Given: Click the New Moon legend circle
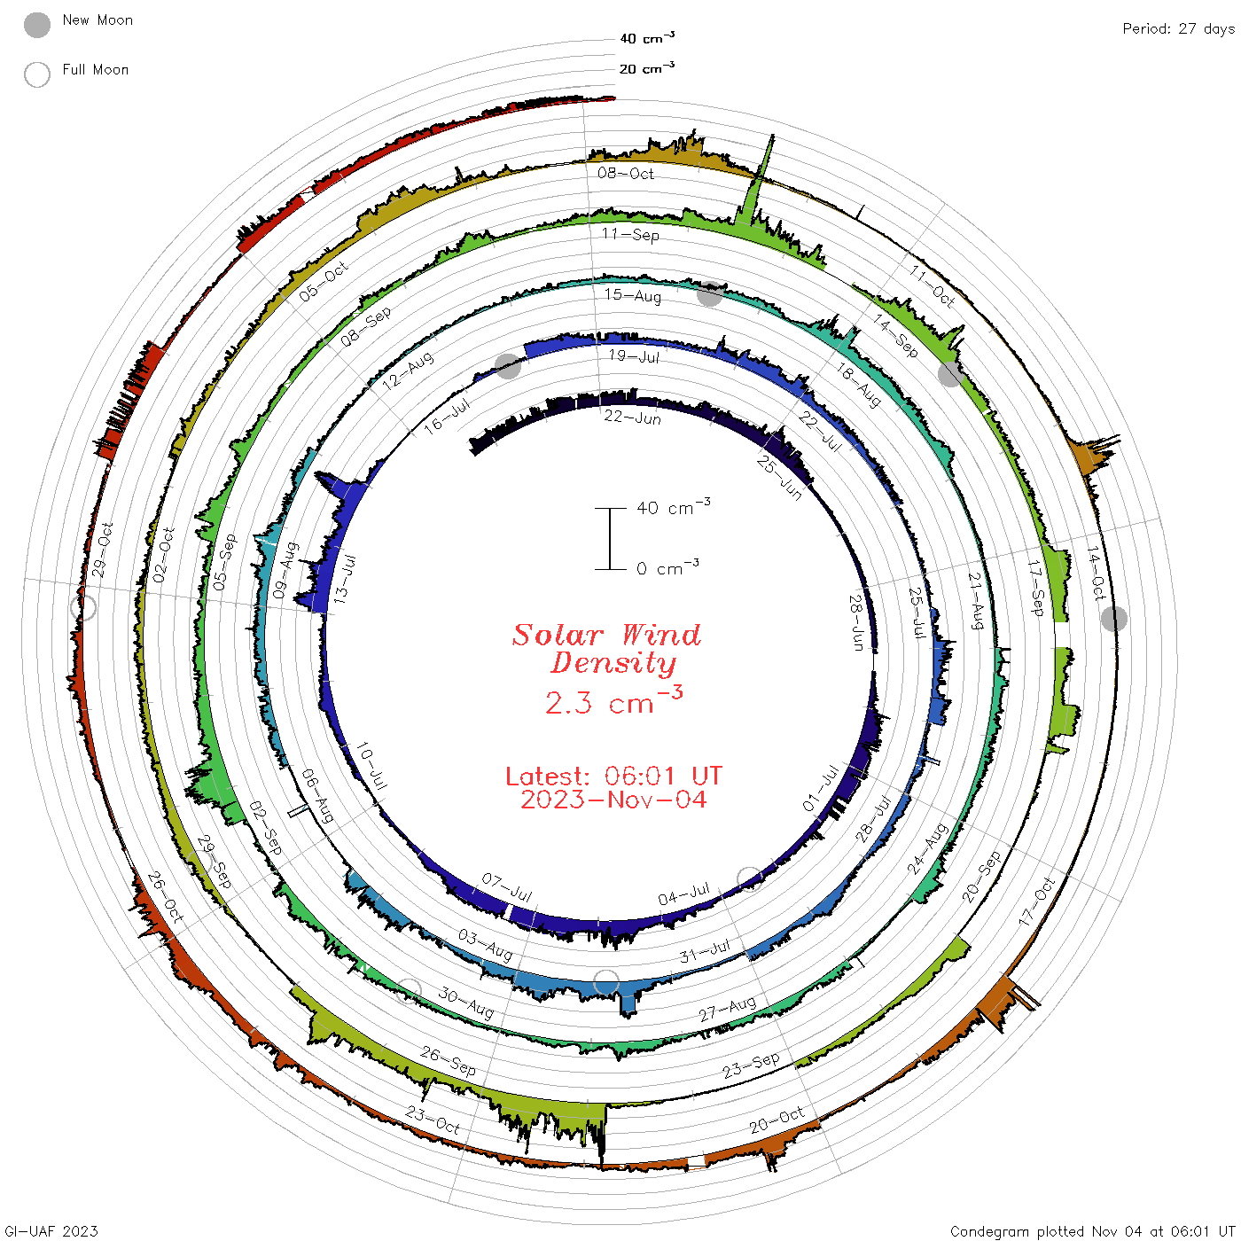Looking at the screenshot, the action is tap(37, 25).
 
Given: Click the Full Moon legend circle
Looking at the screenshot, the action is tap(37, 74).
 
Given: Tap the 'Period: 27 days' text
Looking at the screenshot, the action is tap(1178, 29).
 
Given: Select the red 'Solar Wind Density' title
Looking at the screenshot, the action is tap(606, 649).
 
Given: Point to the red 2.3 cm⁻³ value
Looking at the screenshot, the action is tap(613, 701).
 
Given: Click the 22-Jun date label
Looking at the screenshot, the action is tap(632, 418).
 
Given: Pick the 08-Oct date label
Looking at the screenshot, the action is tap(625, 173).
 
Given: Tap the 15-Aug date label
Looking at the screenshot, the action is tap(633, 295).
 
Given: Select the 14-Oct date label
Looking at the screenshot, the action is tap(1097, 574).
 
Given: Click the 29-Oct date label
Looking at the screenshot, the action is tap(102, 550).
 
